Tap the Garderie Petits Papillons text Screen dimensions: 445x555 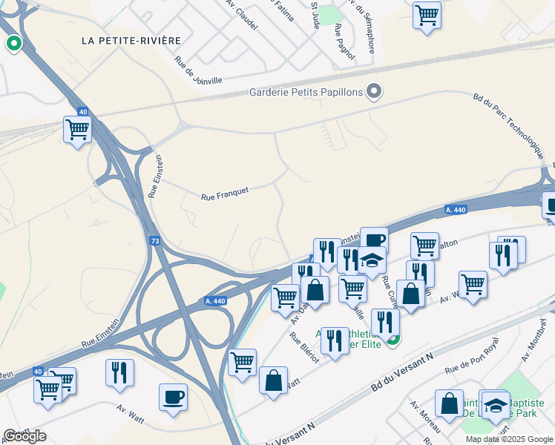click(305, 92)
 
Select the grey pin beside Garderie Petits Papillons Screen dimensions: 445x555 click(375, 92)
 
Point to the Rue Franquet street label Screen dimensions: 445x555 click(224, 194)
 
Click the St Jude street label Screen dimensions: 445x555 click(316, 13)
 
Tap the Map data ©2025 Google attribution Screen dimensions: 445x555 click(508, 439)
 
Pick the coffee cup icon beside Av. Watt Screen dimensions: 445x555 click(173, 397)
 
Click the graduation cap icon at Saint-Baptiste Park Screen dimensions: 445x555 click(495, 405)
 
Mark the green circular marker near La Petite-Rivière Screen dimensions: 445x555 click(13, 44)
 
